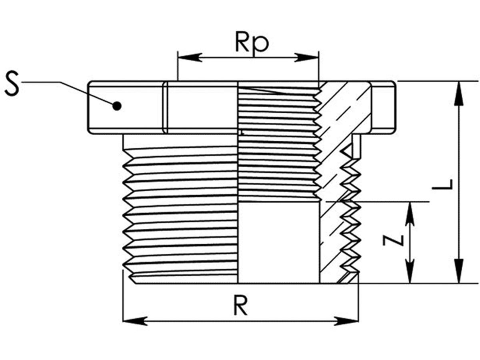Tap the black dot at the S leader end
[x=117, y=106]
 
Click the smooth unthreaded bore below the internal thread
[x=279, y=242]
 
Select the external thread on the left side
[x=180, y=208]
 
